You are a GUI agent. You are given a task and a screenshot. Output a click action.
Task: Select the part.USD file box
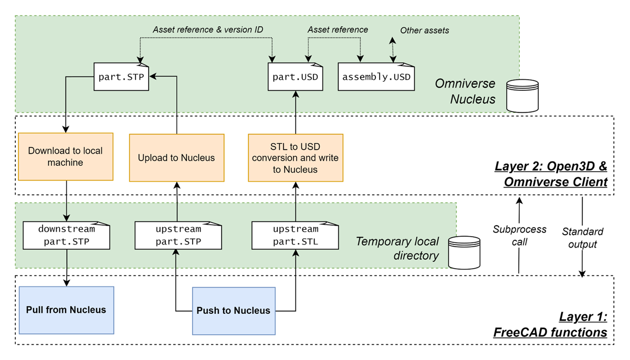(295, 77)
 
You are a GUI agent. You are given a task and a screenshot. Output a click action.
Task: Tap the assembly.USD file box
(376, 77)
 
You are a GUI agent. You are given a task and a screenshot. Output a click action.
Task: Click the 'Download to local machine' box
(66, 156)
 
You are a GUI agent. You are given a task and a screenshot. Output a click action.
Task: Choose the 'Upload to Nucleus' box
(176, 157)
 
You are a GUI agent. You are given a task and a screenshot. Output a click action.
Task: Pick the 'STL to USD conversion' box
(295, 157)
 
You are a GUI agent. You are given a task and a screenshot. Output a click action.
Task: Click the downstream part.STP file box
(67, 236)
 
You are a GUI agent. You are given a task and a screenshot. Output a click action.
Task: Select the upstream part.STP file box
(177, 236)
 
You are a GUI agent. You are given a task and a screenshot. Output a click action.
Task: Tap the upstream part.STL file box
(295, 236)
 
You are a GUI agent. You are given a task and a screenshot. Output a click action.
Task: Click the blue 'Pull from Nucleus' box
(66, 310)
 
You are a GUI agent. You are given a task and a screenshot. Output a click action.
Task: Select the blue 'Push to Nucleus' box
(234, 311)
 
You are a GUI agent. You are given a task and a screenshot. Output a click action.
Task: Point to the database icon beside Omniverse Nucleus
(523, 96)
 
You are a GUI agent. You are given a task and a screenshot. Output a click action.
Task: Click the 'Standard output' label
(582, 238)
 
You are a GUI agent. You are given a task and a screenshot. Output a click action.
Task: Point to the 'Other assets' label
(424, 30)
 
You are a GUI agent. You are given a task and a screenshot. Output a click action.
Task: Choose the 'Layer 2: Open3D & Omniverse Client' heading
(551, 175)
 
